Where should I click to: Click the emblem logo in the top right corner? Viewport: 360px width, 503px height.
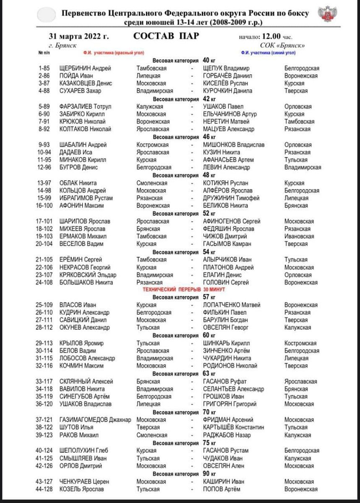click(x=326, y=16)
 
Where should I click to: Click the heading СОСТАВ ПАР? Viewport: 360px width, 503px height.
click(x=166, y=36)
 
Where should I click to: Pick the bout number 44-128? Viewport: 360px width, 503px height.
click(x=47, y=489)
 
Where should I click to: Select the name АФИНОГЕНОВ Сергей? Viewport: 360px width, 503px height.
click(x=231, y=221)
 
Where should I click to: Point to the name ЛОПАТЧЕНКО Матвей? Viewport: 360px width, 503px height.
click(x=231, y=305)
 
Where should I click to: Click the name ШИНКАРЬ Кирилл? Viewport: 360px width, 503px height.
click(x=227, y=343)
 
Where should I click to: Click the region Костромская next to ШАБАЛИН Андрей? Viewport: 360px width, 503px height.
click(x=153, y=145)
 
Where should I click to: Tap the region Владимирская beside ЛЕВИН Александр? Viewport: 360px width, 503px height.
click(x=303, y=168)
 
